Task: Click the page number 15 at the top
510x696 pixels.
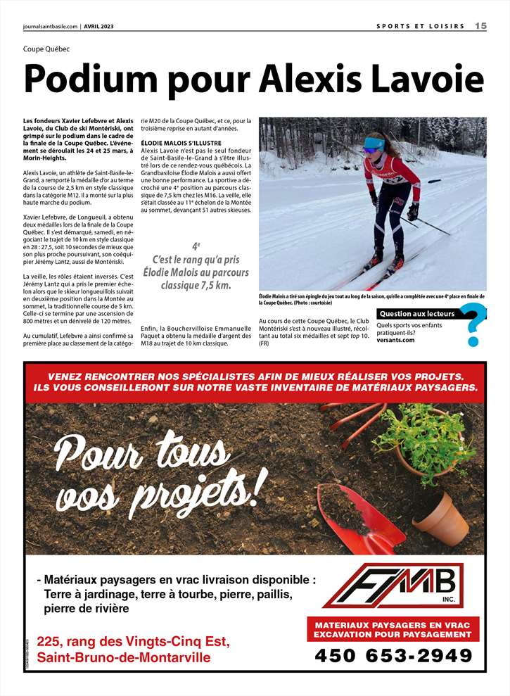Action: pos(480,26)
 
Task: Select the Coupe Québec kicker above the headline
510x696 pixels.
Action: pos(46,49)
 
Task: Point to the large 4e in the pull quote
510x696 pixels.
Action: pos(196,246)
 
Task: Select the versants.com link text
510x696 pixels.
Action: pos(395,340)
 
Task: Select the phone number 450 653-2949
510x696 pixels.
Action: pos(393,655)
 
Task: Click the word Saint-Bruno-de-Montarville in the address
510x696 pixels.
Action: pos(123,658)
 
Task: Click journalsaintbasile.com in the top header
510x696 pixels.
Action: pos(50,27)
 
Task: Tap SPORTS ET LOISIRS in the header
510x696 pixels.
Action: pos(421,27)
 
